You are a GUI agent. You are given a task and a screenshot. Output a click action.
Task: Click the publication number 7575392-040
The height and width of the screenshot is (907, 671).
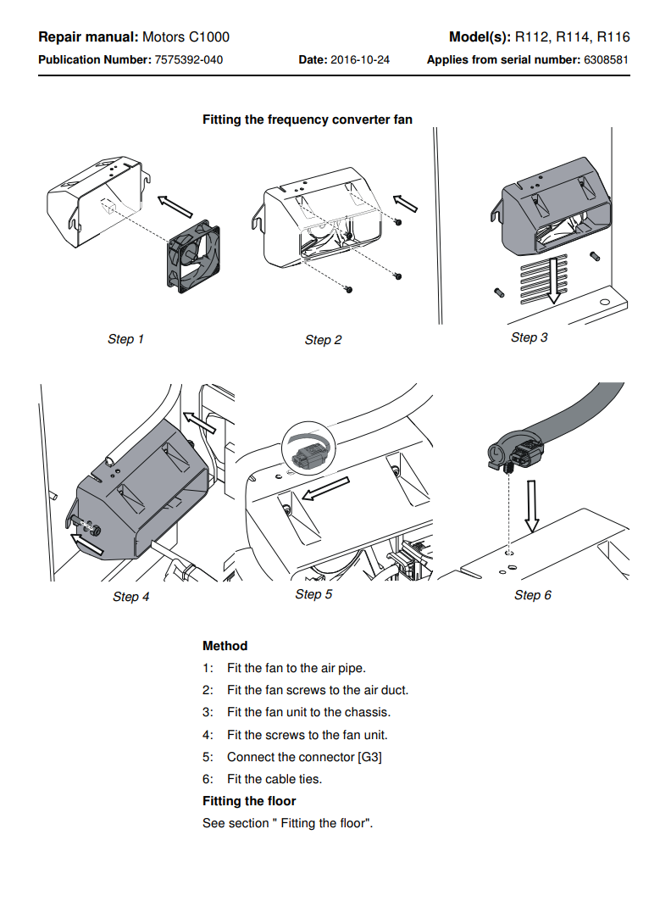189,60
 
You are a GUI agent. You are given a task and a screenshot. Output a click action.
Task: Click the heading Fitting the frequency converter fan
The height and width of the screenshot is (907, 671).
308,120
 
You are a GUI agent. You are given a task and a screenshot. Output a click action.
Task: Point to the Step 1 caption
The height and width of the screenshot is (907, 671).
125,339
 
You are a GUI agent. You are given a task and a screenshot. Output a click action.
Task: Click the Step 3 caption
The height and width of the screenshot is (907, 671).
529,337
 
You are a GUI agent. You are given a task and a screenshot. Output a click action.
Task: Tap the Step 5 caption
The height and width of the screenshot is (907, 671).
313,594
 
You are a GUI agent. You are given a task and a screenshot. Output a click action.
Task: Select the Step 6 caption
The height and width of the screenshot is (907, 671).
532,595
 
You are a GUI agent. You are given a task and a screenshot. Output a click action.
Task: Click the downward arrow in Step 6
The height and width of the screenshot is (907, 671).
530,505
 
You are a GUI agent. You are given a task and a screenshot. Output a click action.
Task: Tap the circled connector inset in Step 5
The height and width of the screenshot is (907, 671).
308,450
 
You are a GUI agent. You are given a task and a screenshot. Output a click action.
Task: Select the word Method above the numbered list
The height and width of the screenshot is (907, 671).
225,646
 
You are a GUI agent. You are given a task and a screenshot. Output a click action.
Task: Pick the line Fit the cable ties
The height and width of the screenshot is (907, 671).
274,779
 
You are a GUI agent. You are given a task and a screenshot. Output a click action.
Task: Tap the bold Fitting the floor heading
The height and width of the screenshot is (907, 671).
249,801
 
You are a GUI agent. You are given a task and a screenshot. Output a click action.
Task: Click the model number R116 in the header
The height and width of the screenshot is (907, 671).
613,37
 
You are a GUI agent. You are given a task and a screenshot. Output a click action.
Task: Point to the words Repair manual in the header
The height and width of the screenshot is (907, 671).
87,37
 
